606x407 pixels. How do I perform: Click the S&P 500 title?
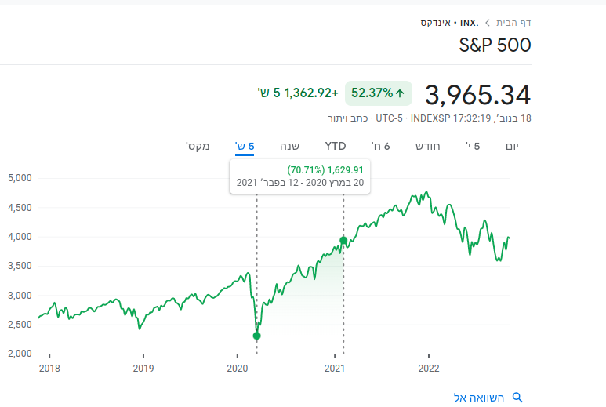tap(495, 45)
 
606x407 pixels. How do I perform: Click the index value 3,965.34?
tap(477, 95)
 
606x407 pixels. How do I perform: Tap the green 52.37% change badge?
tap(379, 93)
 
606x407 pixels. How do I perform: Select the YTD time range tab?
tap(336, 146)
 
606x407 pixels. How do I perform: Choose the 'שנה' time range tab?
tap(289, 146)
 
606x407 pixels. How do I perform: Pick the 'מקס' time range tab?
tap(197, 146)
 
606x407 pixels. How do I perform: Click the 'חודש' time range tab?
tap(427, 146)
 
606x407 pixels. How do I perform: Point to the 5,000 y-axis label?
tap(19, 178)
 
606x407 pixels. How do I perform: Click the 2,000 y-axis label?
tap(19, 354)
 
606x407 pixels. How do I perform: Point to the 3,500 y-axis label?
tap(19, 266)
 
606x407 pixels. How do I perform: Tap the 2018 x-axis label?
tap(49, 368)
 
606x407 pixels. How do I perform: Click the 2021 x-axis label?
tap(335, 368)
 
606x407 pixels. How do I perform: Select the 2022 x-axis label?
tap(429, 368)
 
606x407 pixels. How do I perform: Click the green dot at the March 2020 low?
tap(256, 336)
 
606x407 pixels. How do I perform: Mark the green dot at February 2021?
tap(343, 240)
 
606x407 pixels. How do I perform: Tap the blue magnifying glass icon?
tap(517, 397)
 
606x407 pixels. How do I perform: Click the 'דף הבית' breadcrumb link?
tap(514, 22)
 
